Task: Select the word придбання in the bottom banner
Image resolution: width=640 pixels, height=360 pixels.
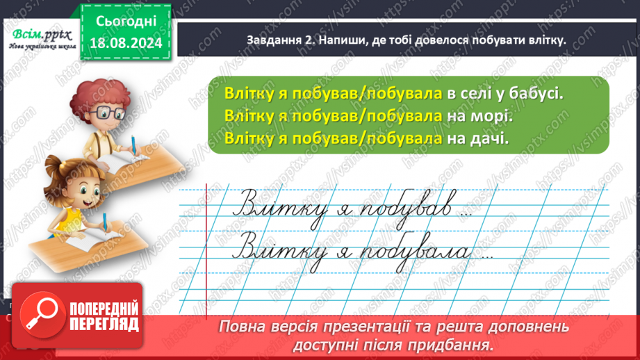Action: [454, 344]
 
